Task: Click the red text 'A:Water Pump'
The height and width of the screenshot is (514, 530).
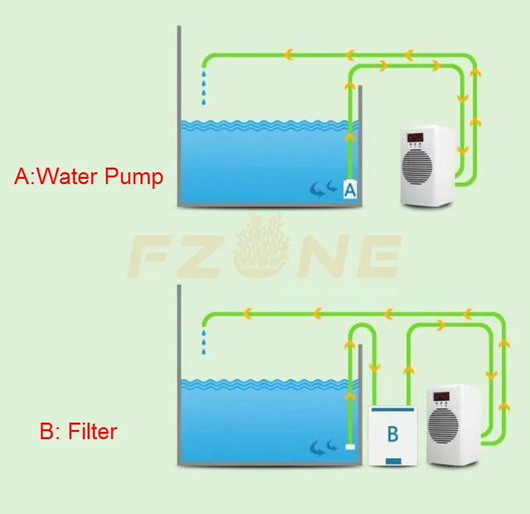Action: tap(89, 177)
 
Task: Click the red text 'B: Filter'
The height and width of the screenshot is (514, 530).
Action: tap(78, 432)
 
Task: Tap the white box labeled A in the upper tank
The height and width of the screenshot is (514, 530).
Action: tap(350, 190)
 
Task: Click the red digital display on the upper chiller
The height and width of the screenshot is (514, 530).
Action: tap(415, 138)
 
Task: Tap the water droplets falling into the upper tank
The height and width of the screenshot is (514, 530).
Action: tap(204, 89)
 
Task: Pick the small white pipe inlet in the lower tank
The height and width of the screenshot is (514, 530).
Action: tap(350, 446)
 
